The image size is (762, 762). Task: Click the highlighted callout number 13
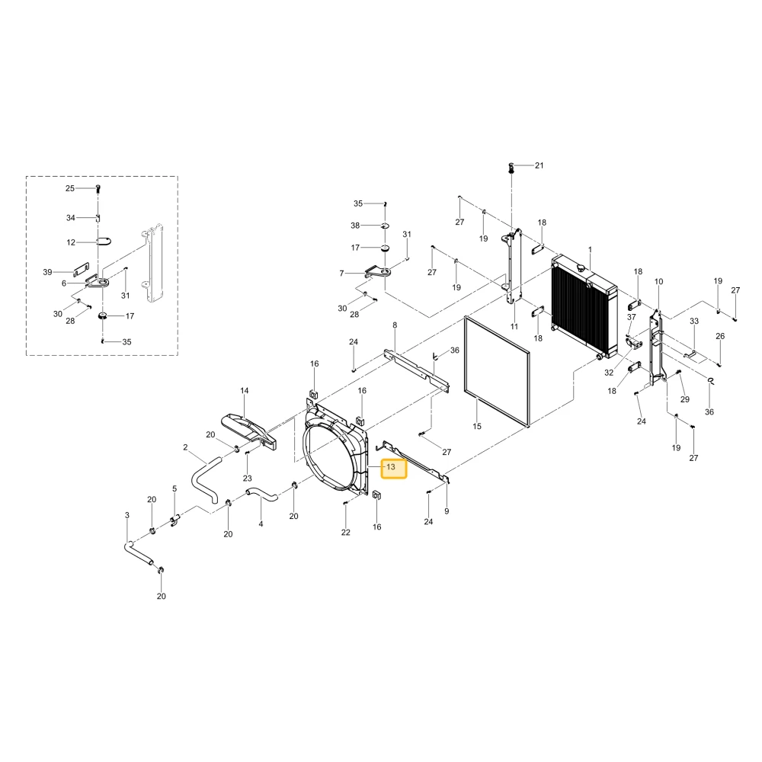tap(391, 467)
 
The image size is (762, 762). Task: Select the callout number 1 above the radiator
tap(590, 250)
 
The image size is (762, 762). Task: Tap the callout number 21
tap(539, 165)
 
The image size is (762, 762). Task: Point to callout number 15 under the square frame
tap(477, 426)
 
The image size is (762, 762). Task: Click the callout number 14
tap(244, 390)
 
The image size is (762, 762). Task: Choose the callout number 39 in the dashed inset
tap(47, 272)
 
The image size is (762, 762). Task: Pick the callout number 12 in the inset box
tap(71, 242)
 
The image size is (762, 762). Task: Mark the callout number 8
tap(395, 325)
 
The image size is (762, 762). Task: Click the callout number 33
tap(694, 321)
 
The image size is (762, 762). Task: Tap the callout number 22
tap(345, 532)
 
